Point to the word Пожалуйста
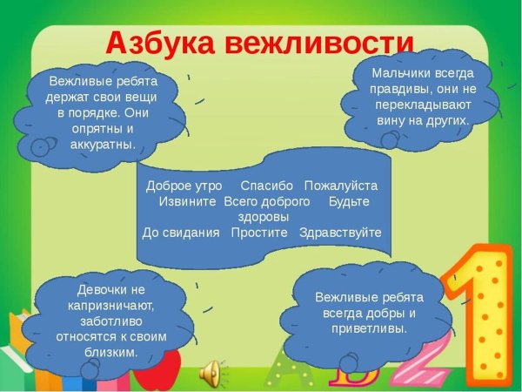341,186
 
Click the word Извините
187,201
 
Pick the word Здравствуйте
340,233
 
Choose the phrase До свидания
181,233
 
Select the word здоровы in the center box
263,217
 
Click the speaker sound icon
210,373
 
